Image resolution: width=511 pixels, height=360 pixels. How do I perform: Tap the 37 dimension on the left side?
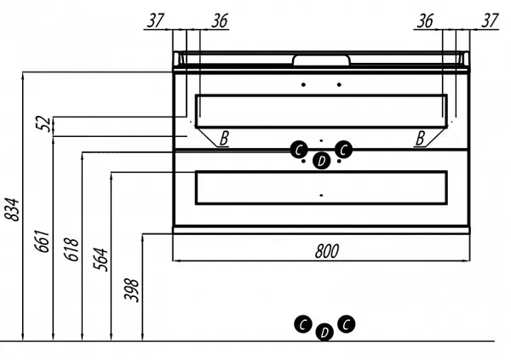pyautogui.click(x=153, y=20)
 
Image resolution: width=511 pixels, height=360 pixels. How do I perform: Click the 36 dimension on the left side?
pyautogui.click(x=219, y=20)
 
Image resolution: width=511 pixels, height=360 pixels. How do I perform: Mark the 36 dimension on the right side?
pyautogui.click(x=423, y=20)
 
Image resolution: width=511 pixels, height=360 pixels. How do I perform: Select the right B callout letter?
pyautogui.click(x=420, y=138)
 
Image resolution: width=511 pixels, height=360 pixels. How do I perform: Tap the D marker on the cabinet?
pyautogui.click(x=321, y=161)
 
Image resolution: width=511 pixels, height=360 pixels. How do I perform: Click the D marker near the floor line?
pyautogui.click(x=323, y=333)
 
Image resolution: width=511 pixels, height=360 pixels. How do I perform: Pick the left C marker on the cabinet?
pyautogui.click(x=299, y=150)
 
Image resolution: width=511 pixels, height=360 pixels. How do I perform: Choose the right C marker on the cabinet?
pyautogui.click(x=343, y=150)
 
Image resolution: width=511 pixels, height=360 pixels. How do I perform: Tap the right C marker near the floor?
pyautogui.click(x=345, y=323)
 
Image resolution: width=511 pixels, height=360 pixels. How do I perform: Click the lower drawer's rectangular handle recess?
pyautogui.click(x=321, y=187)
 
